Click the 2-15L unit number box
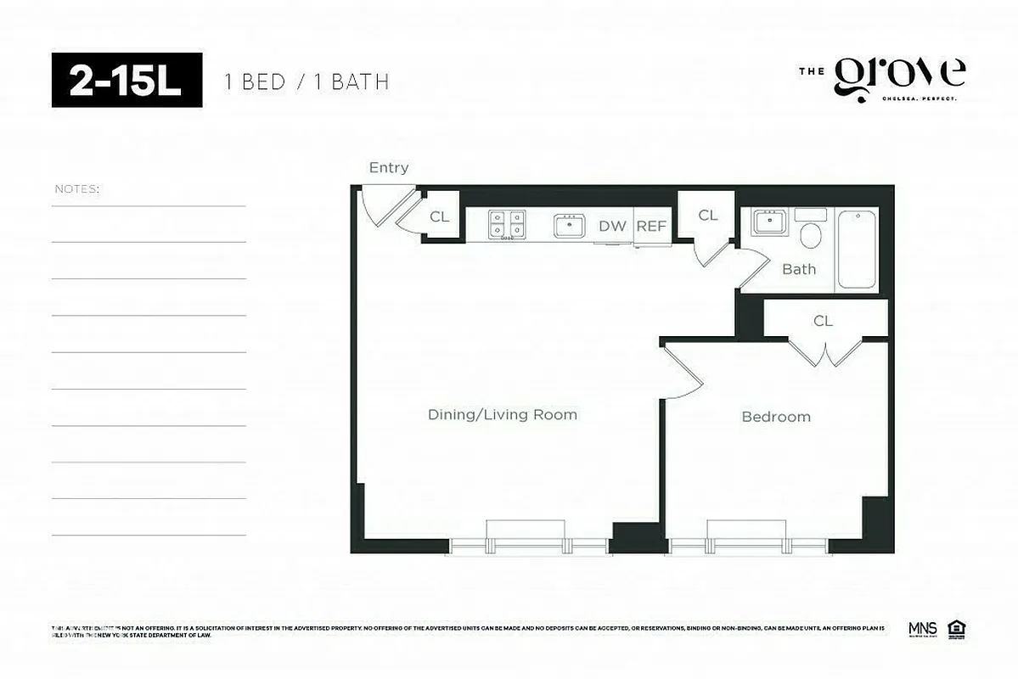pos(127,81)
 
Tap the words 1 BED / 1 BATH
pos(307,82)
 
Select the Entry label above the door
pos(388,168)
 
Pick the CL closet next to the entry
pos(439,217)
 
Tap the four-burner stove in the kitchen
pos(506,225)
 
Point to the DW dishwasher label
pos(611,227)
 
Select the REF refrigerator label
pos(651,227)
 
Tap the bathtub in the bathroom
pos(858,250)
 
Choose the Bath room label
pos(798,269)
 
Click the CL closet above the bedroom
pos(823,321)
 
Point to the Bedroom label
pos(775,417)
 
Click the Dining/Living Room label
pos(502,415)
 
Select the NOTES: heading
pos(76,188)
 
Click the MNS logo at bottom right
pos(922,629)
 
